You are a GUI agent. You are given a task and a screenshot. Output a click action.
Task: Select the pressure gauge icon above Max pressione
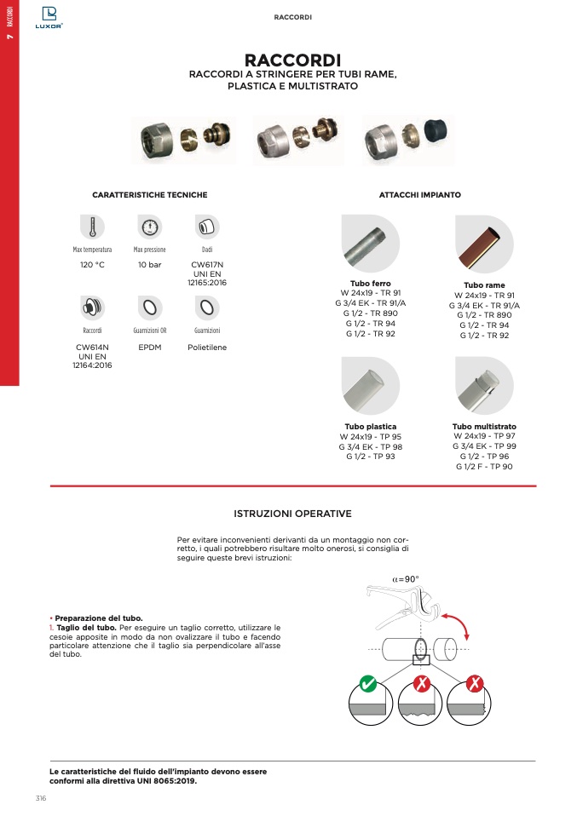[x=150, y=227]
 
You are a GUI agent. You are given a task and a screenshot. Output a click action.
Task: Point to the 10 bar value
[x=150, y=265]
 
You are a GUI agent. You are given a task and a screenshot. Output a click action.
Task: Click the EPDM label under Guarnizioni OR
[x=150, y=348]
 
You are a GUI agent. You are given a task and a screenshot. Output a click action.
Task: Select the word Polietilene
[x=207, y=348]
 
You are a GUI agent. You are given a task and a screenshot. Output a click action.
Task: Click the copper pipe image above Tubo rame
[x=484, y=244]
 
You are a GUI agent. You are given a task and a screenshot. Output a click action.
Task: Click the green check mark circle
[x=368, y=684]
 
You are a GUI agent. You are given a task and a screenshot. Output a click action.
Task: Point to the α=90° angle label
[x=406, y=579]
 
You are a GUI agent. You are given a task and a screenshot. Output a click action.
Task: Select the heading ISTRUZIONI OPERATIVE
[x=292, y=514]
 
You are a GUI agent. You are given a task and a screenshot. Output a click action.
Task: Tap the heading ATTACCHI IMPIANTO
[x=419, y=195]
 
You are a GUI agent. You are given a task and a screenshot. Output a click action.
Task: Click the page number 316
[x=40, y=798]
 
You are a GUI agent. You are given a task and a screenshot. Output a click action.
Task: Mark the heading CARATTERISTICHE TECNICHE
[x=149, y=195]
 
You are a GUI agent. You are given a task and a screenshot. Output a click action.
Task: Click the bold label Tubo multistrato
[x=484, y=426]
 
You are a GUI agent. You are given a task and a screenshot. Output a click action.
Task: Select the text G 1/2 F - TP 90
[x=484, y=466]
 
